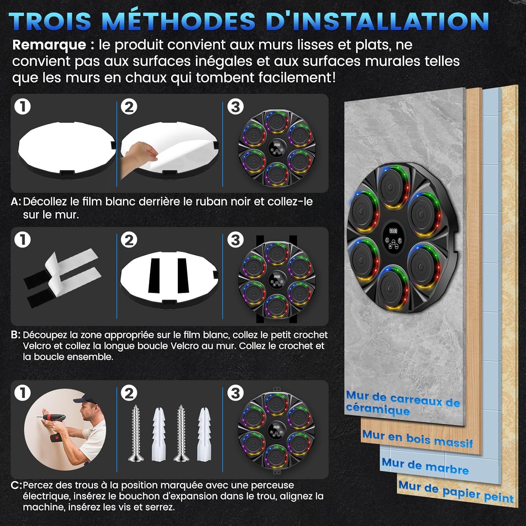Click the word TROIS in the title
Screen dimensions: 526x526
(50, 21)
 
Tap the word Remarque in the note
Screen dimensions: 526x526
(49, 45)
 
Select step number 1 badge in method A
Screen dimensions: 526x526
(23, 107)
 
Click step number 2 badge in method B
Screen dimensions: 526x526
(129, 240)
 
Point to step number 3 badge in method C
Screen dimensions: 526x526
(235, 393)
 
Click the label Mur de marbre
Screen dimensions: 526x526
(425, 466)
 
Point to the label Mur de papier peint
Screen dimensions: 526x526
(456, 492)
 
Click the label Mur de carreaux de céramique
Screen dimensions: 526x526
(403, 404)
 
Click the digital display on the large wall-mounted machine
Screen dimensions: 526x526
(393, 231)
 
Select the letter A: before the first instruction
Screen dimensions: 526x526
(16, 202)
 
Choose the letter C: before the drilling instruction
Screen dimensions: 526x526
(16, 486)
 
